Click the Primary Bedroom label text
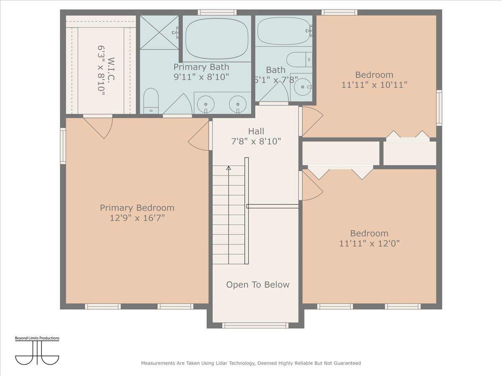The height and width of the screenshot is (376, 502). (137, 208)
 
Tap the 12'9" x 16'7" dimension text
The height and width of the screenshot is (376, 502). (137, 218)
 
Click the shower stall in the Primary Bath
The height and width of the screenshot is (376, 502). (159, 32)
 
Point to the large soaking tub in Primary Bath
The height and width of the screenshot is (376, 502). (217, 38)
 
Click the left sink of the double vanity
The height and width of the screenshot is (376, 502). (205, 103)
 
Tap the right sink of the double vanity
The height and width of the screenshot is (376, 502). (238, 103)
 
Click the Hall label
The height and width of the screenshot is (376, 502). (256, 132)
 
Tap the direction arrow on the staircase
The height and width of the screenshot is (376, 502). (228, 168)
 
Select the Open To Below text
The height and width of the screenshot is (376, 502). (258, 285)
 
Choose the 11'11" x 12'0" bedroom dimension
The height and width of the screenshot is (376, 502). (369, 244)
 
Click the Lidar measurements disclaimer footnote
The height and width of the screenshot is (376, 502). (251, 363)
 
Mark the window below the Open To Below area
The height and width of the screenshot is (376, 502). (255, 325)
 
